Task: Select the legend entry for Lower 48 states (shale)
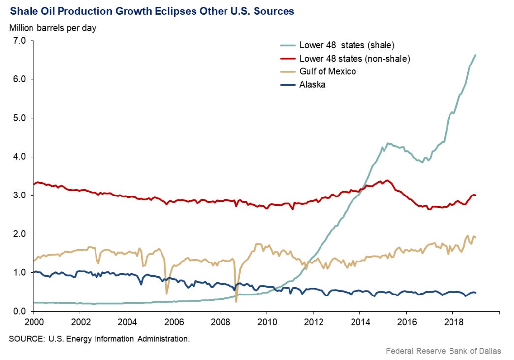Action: coord(347,45)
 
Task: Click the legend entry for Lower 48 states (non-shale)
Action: coord(354,59)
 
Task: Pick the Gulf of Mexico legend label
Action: coord(327,71)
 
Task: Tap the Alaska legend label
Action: coord(312,84)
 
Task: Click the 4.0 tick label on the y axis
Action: coord(18,157)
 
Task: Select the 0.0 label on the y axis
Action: coord(18,311)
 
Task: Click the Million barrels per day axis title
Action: coord(53,28)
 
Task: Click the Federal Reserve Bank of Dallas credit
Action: coord(444,351)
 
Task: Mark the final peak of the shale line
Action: coord(475,55)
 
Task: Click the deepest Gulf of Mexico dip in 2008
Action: coord(236,301)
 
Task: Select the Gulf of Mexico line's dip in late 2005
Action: coord(167,293)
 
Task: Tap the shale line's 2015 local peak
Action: coord(388,143)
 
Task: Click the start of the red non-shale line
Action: coord(33,184)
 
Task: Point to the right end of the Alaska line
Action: coord(475,293)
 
